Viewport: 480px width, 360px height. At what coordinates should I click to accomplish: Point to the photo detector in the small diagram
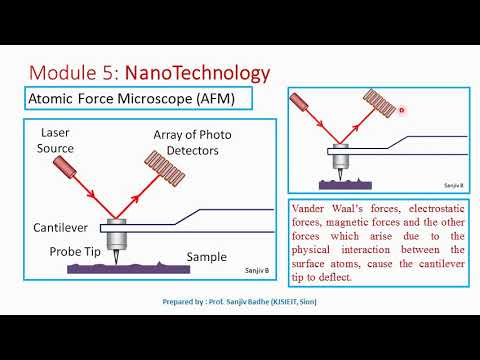[x=380, y=106]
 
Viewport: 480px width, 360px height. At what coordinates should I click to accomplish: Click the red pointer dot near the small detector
[x=400, y=110]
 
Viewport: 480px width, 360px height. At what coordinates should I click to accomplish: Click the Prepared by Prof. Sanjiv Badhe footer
[x=240, y=299]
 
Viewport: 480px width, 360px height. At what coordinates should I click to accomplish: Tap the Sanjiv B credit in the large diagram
[x=257, y=271]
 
